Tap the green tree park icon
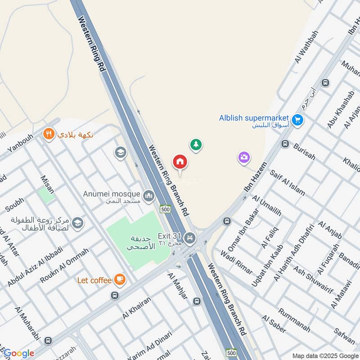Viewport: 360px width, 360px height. click(x=196, y=144)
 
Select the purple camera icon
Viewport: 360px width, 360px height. click(x=244, y=157)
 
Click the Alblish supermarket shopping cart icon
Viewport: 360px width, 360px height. click(x=297, y=120)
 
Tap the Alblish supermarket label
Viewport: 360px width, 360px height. click(x=254, y=118)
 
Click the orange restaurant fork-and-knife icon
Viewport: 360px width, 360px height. click(x=49, y=134)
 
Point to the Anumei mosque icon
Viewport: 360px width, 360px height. click(x=148, y=196)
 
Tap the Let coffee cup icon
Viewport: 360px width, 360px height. click(x=119, y=280)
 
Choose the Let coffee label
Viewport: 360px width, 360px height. click(x=94, y=280)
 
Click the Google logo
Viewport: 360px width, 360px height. click(x=18, y=353)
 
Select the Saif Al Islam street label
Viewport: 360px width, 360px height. click(x=287, y=183)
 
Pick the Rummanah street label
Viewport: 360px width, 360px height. click(x=294, y=319)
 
